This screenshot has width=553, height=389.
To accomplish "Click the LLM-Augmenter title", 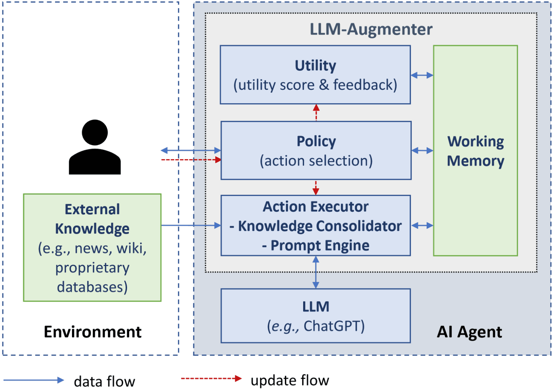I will (x=371, y=29).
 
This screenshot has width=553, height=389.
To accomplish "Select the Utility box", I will (x=315, y=75).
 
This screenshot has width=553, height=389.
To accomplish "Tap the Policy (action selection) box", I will (x=316, y=151).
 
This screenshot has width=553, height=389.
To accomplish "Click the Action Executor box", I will (x=316, y=225).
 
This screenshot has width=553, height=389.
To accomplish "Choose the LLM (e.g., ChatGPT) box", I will (x=316, y=316).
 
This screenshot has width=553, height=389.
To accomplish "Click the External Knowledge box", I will (x=92, y=247).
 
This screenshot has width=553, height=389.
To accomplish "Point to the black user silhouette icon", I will (x=95, y=147).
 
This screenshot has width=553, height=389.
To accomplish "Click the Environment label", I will (x=93, y=332).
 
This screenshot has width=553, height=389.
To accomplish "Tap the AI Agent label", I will (x=469, y=332).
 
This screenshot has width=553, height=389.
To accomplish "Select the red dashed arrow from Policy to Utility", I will (x=316, y=113).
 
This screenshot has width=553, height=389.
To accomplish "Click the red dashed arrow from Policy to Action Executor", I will (x=316, y=187).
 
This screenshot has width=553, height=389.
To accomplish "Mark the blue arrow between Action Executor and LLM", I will (x=316, y=272).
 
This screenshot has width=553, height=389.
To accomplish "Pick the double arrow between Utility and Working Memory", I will (x=422, y=75).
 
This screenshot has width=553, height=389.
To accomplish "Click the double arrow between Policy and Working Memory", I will (x=422, y=151).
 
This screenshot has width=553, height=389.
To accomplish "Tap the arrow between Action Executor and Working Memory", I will (x=422, y=225).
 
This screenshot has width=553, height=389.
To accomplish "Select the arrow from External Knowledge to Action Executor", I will (x=191, y=225).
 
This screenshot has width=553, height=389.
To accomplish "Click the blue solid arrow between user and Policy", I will (x=191, y=150).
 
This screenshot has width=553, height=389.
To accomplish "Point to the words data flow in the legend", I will (x=104, y=381).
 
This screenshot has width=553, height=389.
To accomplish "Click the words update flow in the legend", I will (x=290, y=380).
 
